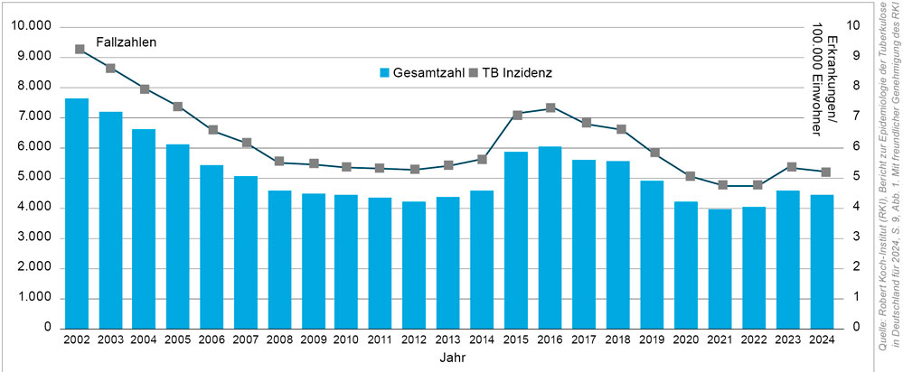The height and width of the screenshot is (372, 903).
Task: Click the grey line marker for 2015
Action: [517, 115]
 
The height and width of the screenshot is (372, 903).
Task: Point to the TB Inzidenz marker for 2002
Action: [80, 49]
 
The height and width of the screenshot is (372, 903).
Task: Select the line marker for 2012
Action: [415, 169]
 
